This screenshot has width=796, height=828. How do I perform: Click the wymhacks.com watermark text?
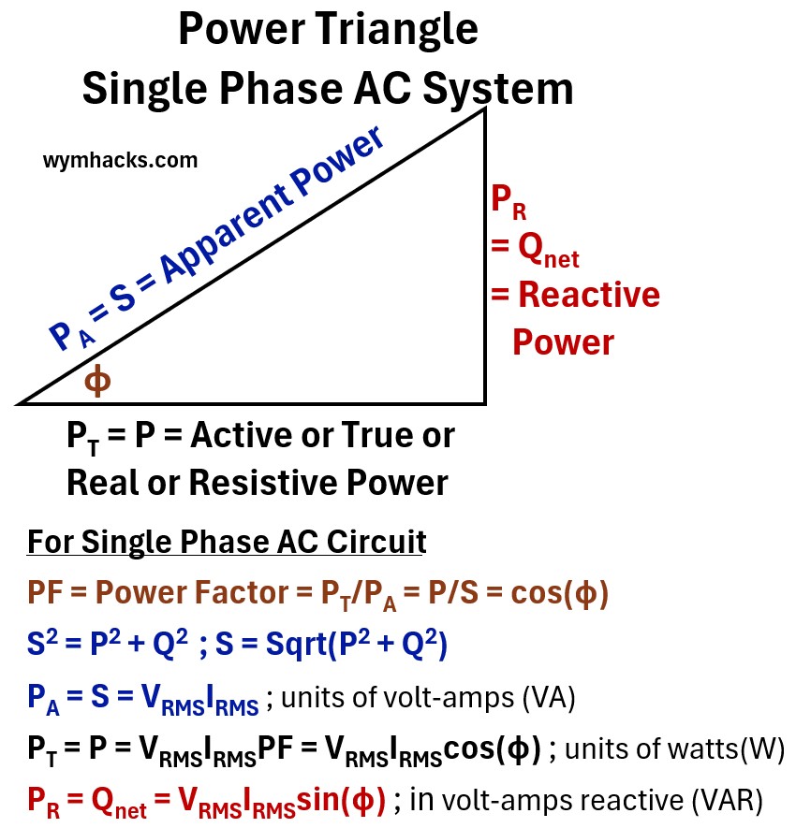[120, 160]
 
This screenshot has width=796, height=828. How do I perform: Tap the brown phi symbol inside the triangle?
[97, 381]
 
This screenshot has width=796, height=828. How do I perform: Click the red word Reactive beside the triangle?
[589, 296]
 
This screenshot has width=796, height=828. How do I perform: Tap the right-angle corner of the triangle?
[483, 402]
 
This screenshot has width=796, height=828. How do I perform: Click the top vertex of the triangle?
[484, 110]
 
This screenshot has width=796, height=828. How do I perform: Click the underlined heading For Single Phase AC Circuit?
[227, 542]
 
